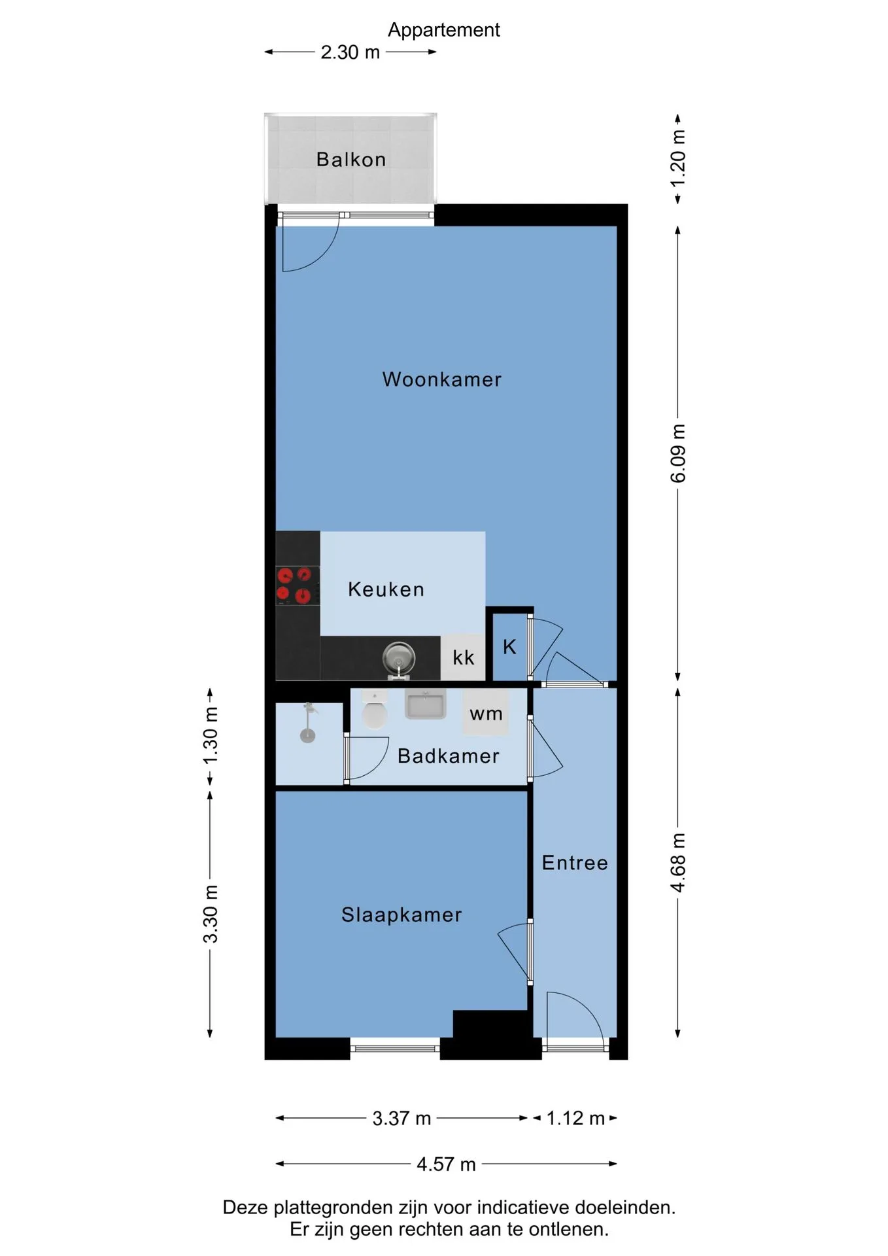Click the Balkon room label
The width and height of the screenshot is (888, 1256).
(x=351, y=160)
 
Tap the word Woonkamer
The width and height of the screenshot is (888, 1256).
(x=442, y=379)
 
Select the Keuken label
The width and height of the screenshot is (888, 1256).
(x=386, y=589)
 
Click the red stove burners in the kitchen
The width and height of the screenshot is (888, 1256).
(x=294, y=585)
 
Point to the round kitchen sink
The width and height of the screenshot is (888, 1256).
(x=399, y=657)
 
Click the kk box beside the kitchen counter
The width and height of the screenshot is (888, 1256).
(x=463, y=657)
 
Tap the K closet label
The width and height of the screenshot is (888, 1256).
(x=509, y=647)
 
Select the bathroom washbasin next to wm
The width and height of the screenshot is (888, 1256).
(x=425, y=704)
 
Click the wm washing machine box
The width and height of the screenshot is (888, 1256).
(x=486, y=712)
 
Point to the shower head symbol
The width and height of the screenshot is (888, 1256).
(x=308, y=724)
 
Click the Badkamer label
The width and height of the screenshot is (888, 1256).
(x=449, y=756)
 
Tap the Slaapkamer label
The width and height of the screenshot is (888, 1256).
(x=401, y=915)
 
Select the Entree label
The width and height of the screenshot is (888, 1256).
(x=575, y=863)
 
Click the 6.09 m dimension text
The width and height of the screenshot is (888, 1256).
(x=678, y=453)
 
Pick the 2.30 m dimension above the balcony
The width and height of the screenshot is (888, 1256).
(x=350, y=52)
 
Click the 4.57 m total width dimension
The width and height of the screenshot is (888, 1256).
(x=446, y=1164)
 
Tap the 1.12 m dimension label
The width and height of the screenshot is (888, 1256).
(x=575, y=1119)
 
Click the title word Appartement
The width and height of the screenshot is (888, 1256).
(x=444, y=30)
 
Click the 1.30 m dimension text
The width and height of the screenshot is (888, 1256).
(x=211, y=735)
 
